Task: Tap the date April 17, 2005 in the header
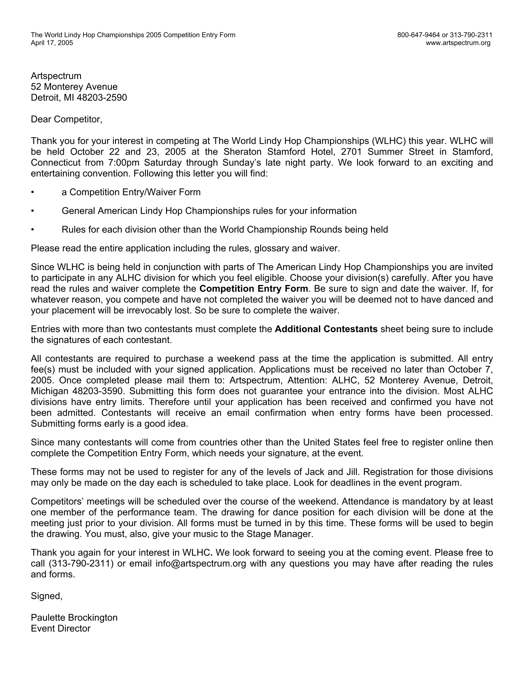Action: tap(52, 43)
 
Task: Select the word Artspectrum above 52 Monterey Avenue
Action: tap(56, 76)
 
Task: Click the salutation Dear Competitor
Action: tap(66, 120)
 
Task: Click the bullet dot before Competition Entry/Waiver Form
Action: tap(32, 192)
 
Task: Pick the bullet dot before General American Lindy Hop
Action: tap(32, 211)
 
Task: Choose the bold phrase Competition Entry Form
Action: tap(253, 289)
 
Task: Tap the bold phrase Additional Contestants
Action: tap(326, 329)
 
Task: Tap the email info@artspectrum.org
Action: tap(201, 563)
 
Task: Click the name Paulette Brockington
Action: tap(74, 618)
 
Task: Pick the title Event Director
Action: tap(60, 628)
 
